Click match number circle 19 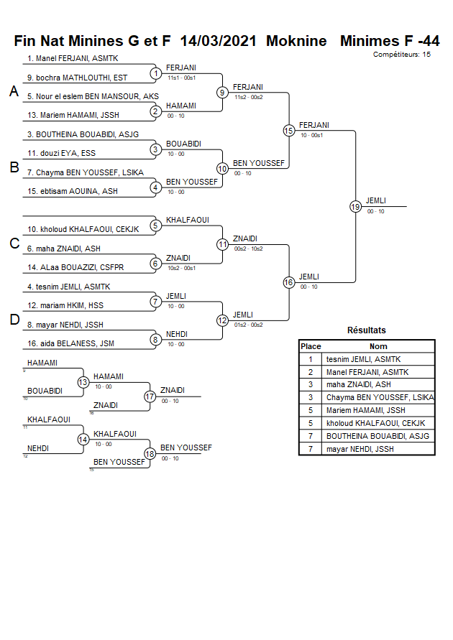355,207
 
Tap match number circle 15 288,131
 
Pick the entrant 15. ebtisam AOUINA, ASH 73,191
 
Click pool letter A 13,92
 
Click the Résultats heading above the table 367,330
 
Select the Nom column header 378,346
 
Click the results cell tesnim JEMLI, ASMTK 363,359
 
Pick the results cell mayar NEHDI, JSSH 360,450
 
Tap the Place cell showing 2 311,372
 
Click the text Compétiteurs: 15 402,55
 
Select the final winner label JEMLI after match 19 376,200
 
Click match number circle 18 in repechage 150,454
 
